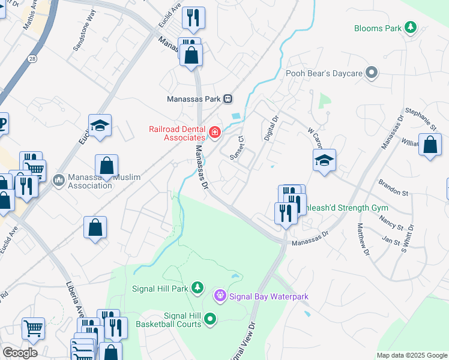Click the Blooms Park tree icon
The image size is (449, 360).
click(411, 28)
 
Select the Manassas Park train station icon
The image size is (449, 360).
click(228, 98)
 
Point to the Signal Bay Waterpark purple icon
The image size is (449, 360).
click(220, 296)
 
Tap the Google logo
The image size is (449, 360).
click(20, 352)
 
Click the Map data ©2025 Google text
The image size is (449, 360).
click(411, 355)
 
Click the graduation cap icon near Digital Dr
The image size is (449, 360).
click(324, 160)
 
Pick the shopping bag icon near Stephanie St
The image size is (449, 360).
click(430, 145)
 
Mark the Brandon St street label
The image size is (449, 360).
click(393, 188)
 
